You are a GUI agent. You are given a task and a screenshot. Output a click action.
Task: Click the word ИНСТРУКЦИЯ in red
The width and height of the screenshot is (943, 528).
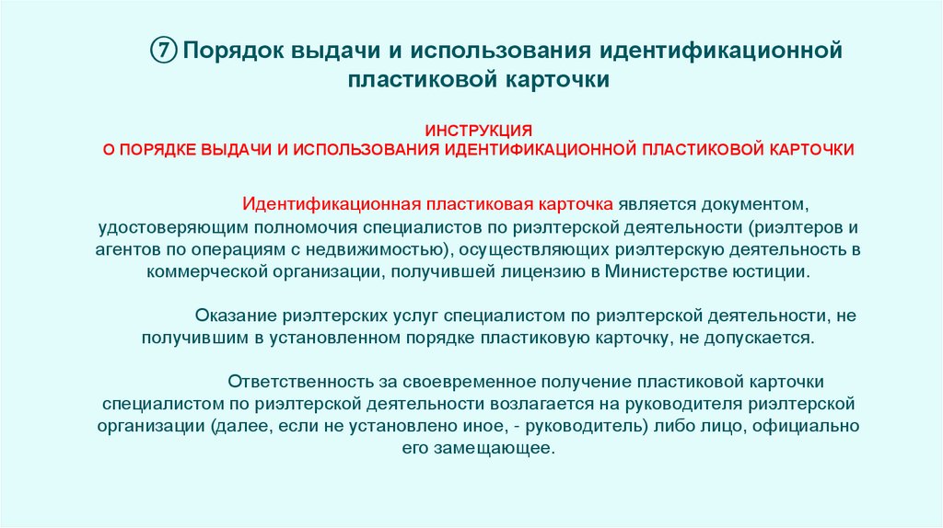[x=478, y=130]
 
